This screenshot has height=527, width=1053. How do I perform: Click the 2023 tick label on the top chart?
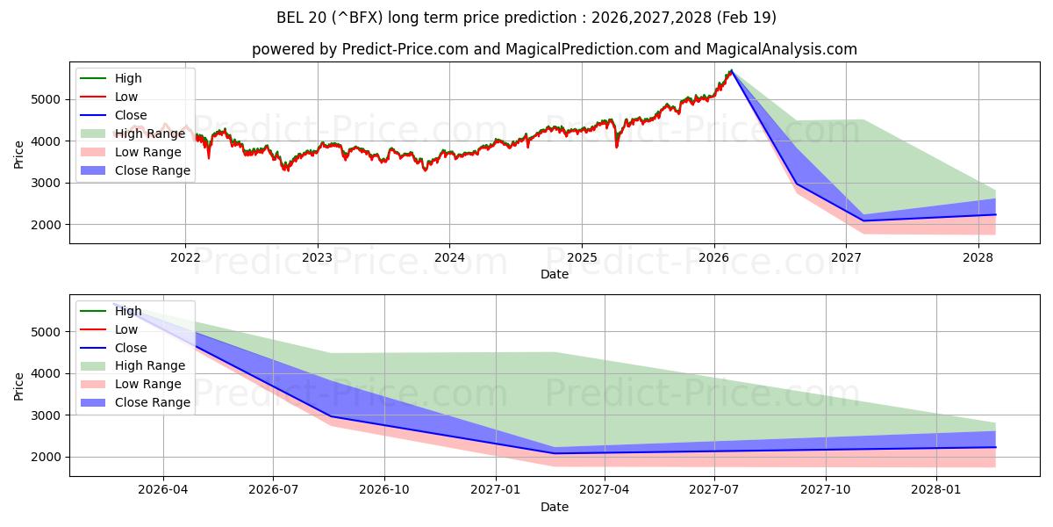pyautogui.click(x=317, y=257)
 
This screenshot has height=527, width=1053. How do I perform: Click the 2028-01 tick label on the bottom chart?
pyautogui.click(x=936, y=489)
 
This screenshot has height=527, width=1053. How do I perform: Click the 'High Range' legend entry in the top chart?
pyautogui.click(x=150, y=134)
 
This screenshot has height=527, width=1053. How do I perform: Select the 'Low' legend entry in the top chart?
pyautogui.click(x=126, y=97)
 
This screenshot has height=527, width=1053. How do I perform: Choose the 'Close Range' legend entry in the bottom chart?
pyautogui.click(x=153, y=402)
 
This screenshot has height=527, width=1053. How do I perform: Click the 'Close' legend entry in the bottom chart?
pyautogui.click(x=131, y=348)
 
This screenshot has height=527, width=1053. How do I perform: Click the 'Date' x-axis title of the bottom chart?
pyautogui.click(x=555, y=507)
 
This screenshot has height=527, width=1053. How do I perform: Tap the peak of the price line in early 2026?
pyautogui.click(x=731, y=70)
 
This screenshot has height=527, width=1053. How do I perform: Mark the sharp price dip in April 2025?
pyautogui.click(x=616, y=146)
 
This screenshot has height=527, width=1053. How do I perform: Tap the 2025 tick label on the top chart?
pyautogui.click(x=581, y=257)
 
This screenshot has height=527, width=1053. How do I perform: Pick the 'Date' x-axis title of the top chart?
pyautogui.click(x=555, y=274)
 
